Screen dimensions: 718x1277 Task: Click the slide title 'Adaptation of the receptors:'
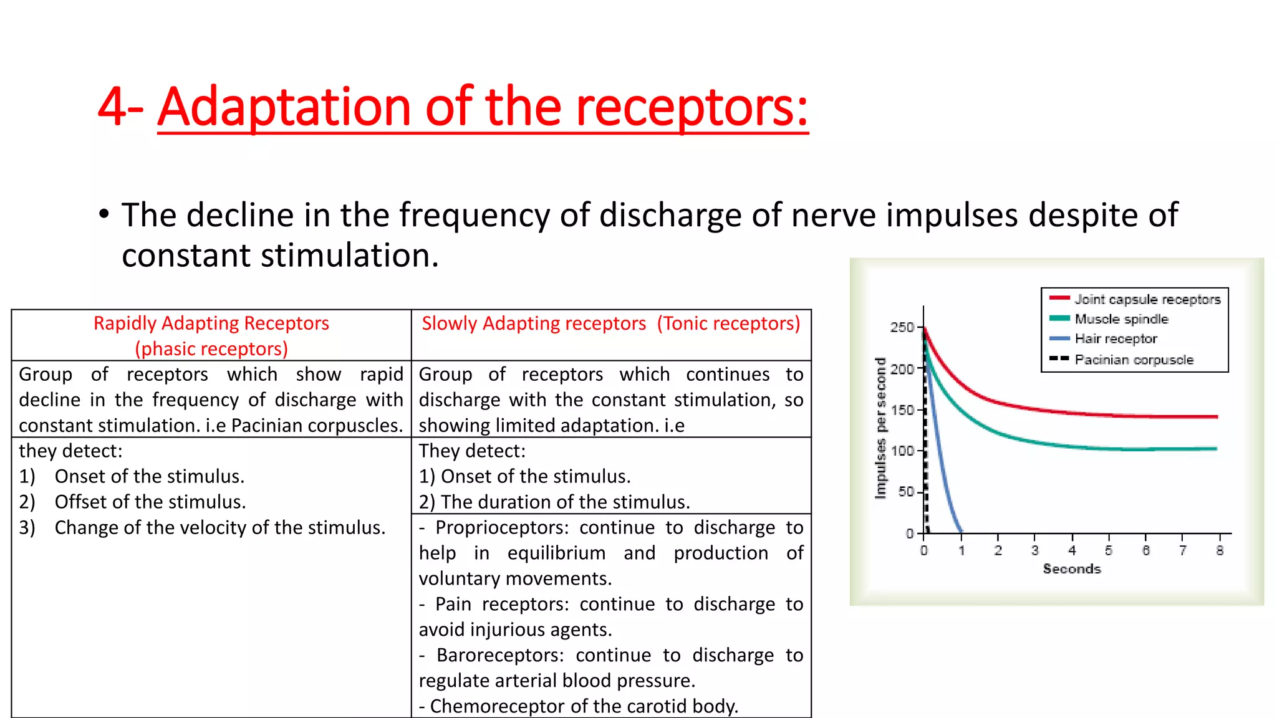click(x=483, y=107)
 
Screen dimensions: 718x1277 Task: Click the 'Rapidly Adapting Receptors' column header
click(x=211, y=323)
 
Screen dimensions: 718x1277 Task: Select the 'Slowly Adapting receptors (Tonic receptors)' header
click(x=610, y=323)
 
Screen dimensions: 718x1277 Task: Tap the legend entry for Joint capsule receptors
click(x=1147, y=299)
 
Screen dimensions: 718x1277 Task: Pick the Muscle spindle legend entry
click(x=1120, y=319)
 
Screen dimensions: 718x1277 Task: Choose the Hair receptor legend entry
click(x=1115, y=339)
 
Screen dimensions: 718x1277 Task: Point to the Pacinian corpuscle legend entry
click(x=1133, y=360)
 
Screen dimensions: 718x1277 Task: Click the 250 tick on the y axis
click(x=902, y=327)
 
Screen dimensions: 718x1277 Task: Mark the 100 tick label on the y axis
click(x=902, y=451)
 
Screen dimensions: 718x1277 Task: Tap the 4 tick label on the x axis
click(x=1072, y=550)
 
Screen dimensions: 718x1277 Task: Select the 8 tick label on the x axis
click(x=1220, y=550)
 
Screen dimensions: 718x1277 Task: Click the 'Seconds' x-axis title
click(x=1072, y=569)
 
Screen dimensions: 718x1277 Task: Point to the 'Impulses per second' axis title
click(x=880, y=428)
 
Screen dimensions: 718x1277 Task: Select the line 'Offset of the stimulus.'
click(x=150, y=502)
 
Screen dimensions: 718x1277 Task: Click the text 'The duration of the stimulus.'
click(x=565, y=502)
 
